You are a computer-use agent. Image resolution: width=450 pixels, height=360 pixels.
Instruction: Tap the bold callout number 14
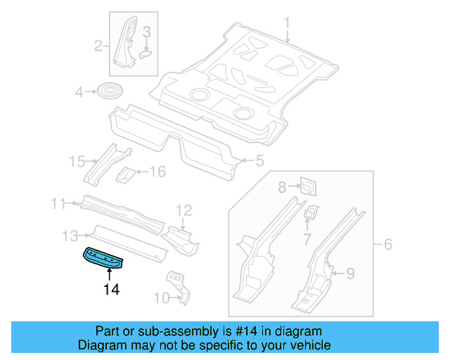111,289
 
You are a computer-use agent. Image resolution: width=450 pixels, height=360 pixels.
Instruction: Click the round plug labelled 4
110,92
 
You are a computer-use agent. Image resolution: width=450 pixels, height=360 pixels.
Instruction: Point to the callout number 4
79,92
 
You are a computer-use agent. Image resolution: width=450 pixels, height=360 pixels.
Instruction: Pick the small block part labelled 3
146,51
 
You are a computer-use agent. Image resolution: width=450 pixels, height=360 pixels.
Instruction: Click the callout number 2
99,46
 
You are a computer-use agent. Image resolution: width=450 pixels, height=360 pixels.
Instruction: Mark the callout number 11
58,204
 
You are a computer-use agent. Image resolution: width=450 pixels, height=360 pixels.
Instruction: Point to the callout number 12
184,209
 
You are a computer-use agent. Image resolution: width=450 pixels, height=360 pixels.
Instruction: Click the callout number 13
70,235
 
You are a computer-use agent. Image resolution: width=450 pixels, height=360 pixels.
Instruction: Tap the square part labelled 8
307,186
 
